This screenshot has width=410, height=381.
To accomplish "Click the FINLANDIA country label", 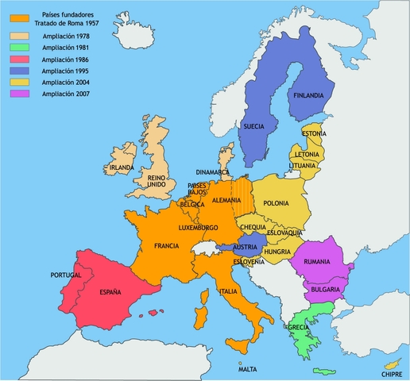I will click(308, 96).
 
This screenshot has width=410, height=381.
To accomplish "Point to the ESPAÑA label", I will click(110, 292).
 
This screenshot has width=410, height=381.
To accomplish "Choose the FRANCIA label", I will click(166, 245).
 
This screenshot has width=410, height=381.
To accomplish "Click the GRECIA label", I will click(299, 327).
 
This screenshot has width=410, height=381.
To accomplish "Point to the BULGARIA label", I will click(326, 291).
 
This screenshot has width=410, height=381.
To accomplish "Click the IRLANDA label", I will click(122, 168).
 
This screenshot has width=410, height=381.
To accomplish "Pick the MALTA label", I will click(248, 368).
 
